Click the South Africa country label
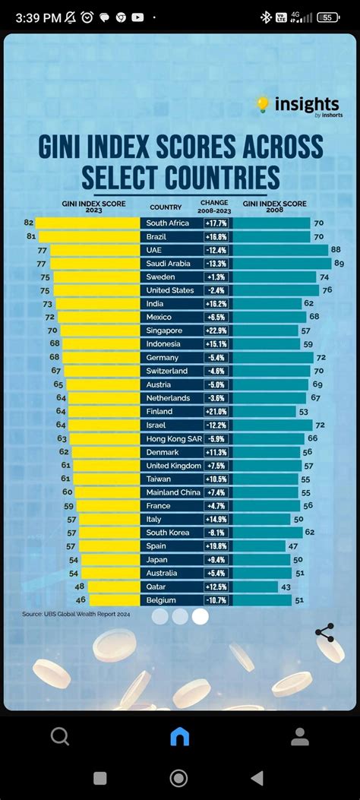click(169, 223)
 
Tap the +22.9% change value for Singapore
click(216, 331)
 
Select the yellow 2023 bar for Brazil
click(88, 236)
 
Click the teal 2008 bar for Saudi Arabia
click(282, 264)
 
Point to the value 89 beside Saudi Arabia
click(339, 264)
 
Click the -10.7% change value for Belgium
click(216, 600)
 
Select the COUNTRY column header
click(166, 207)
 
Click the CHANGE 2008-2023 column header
click(213, 206)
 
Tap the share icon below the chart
click(324, 633)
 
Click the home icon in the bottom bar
click(180, 736)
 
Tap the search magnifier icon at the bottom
click(60, 736)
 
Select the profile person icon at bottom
click(300, 736)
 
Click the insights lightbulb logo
click(263, 104)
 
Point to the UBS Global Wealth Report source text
click(76, 614)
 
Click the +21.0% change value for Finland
click(216, 412)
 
